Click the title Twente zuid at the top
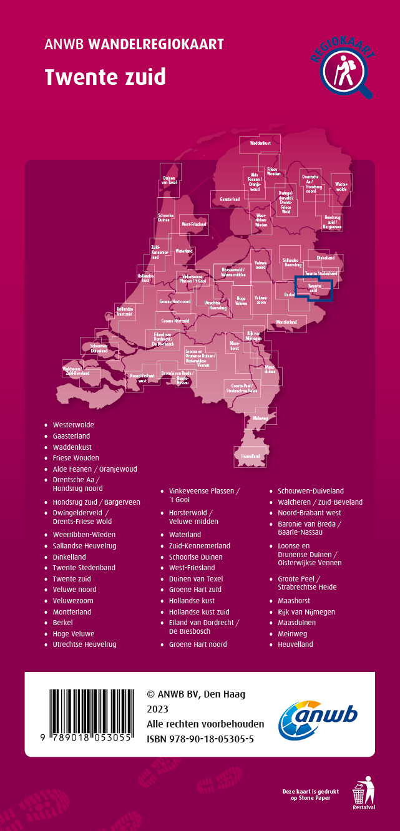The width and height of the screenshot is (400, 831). tap(105, 77)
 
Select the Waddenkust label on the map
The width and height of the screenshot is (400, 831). tap(260, 143)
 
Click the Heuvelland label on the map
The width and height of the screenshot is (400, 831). tap(250, 457)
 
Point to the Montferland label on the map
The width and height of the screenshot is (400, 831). tap(287, 322)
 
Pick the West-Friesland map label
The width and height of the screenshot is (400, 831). tap(194, 224)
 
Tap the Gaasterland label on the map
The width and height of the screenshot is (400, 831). tap(230, 199)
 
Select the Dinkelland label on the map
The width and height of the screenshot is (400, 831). tap(325, 258)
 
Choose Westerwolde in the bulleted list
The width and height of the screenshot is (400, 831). tap(74, 425)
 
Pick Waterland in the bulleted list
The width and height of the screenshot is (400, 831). tap(185, 535)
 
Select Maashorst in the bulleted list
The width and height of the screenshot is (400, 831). tap(296, 601)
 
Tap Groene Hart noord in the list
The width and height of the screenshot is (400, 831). tap(198, 644)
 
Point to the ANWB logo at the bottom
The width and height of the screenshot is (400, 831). tap(318, 715)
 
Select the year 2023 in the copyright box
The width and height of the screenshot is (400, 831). tap(157, 709)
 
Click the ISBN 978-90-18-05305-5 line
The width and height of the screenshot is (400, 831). tap(200, 739)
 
